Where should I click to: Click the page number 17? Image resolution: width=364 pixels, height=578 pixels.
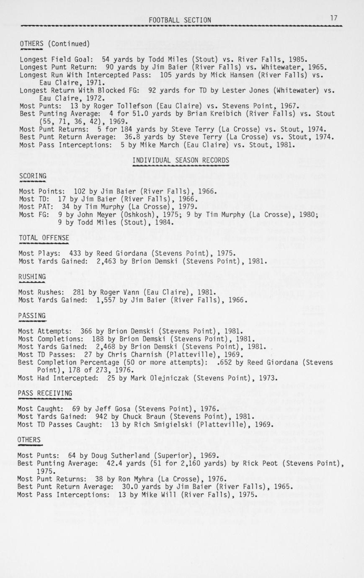333,18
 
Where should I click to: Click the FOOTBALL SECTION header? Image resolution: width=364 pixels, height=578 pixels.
180,20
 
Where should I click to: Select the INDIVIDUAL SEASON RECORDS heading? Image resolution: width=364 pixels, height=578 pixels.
181,160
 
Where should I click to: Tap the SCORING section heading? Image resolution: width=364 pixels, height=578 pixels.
33,176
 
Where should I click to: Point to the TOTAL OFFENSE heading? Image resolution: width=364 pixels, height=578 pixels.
44,238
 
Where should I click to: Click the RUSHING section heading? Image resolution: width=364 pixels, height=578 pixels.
32,276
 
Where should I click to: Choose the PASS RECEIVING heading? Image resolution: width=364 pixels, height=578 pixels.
45,393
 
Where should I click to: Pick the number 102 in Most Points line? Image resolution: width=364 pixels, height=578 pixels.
80,191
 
